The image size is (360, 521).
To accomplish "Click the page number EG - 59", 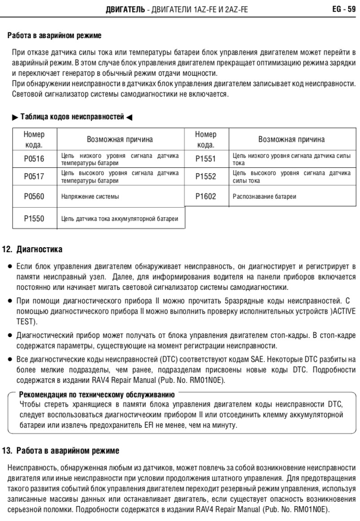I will tap(344, 8).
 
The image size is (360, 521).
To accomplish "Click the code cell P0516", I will tap(34, 159).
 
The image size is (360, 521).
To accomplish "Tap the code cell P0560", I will tap(34, 197).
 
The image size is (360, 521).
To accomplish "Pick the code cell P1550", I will tap(34, 219).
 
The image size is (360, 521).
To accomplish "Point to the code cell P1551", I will tap(206, 159).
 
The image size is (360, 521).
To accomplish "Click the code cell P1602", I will tap(206, 197).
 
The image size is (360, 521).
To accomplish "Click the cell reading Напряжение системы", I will tap(90, 197).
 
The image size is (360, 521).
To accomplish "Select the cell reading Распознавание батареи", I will tap(265, 197).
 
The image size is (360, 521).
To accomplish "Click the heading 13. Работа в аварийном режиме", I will tap(63, 450).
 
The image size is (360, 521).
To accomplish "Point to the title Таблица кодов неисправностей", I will tap(72, 118).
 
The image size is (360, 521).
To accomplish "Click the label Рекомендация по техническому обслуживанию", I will tap(97, 395).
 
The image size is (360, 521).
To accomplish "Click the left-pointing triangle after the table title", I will tap(130, 118).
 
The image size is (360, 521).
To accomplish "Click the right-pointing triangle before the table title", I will tap(15, 118).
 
